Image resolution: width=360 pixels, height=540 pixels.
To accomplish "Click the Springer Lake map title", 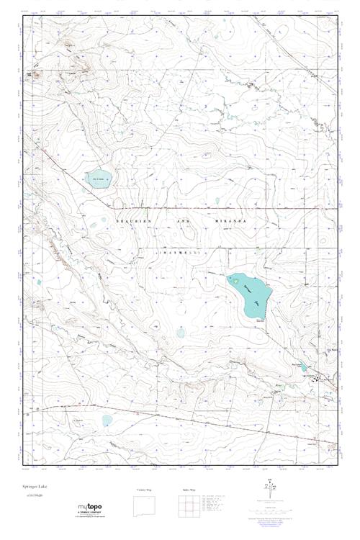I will pos(34,487).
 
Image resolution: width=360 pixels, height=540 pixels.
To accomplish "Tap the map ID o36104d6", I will pos(32,497).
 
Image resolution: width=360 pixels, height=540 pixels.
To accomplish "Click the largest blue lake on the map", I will pos(249,296).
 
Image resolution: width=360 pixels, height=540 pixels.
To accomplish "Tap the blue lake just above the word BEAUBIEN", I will pos(98,179).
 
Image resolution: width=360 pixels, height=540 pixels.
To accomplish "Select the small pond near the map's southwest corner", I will pos(107,420).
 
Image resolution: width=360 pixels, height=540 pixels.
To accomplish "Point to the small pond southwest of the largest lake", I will pos(181,333).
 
